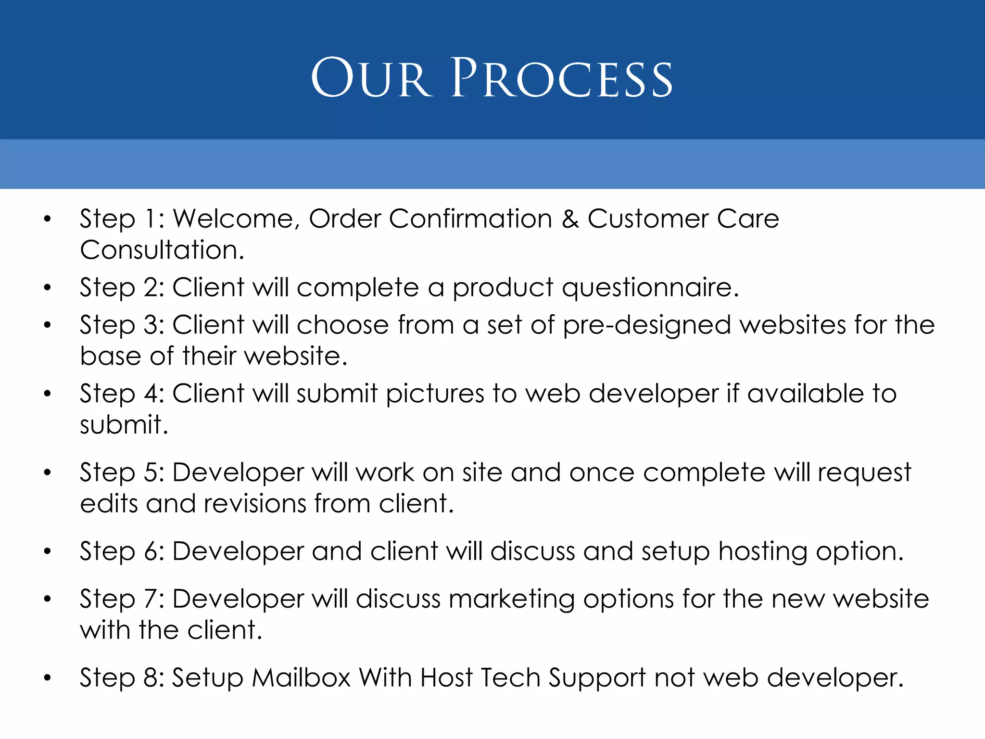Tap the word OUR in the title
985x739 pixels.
pyautogui.click(x=370, y=78)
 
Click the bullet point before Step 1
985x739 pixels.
pyautogui.click(x=47, y=219)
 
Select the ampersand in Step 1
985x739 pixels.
pyautogui.click(x=570, y=219)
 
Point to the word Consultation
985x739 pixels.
pyautogui.click(x=162, y=250)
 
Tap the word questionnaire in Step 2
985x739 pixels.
pyautogui.click(x=650, y=288)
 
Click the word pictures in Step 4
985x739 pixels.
pyautogui.click(x=435, y=394)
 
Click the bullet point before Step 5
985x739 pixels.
pyautogui.click(x=47, y=472)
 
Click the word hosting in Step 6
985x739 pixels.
pyautogui.click(x=763, y=551)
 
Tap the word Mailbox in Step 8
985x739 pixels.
pyautogui.click(x=302, y=678)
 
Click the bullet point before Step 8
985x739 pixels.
pyautogui.click(x=47, y=678)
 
